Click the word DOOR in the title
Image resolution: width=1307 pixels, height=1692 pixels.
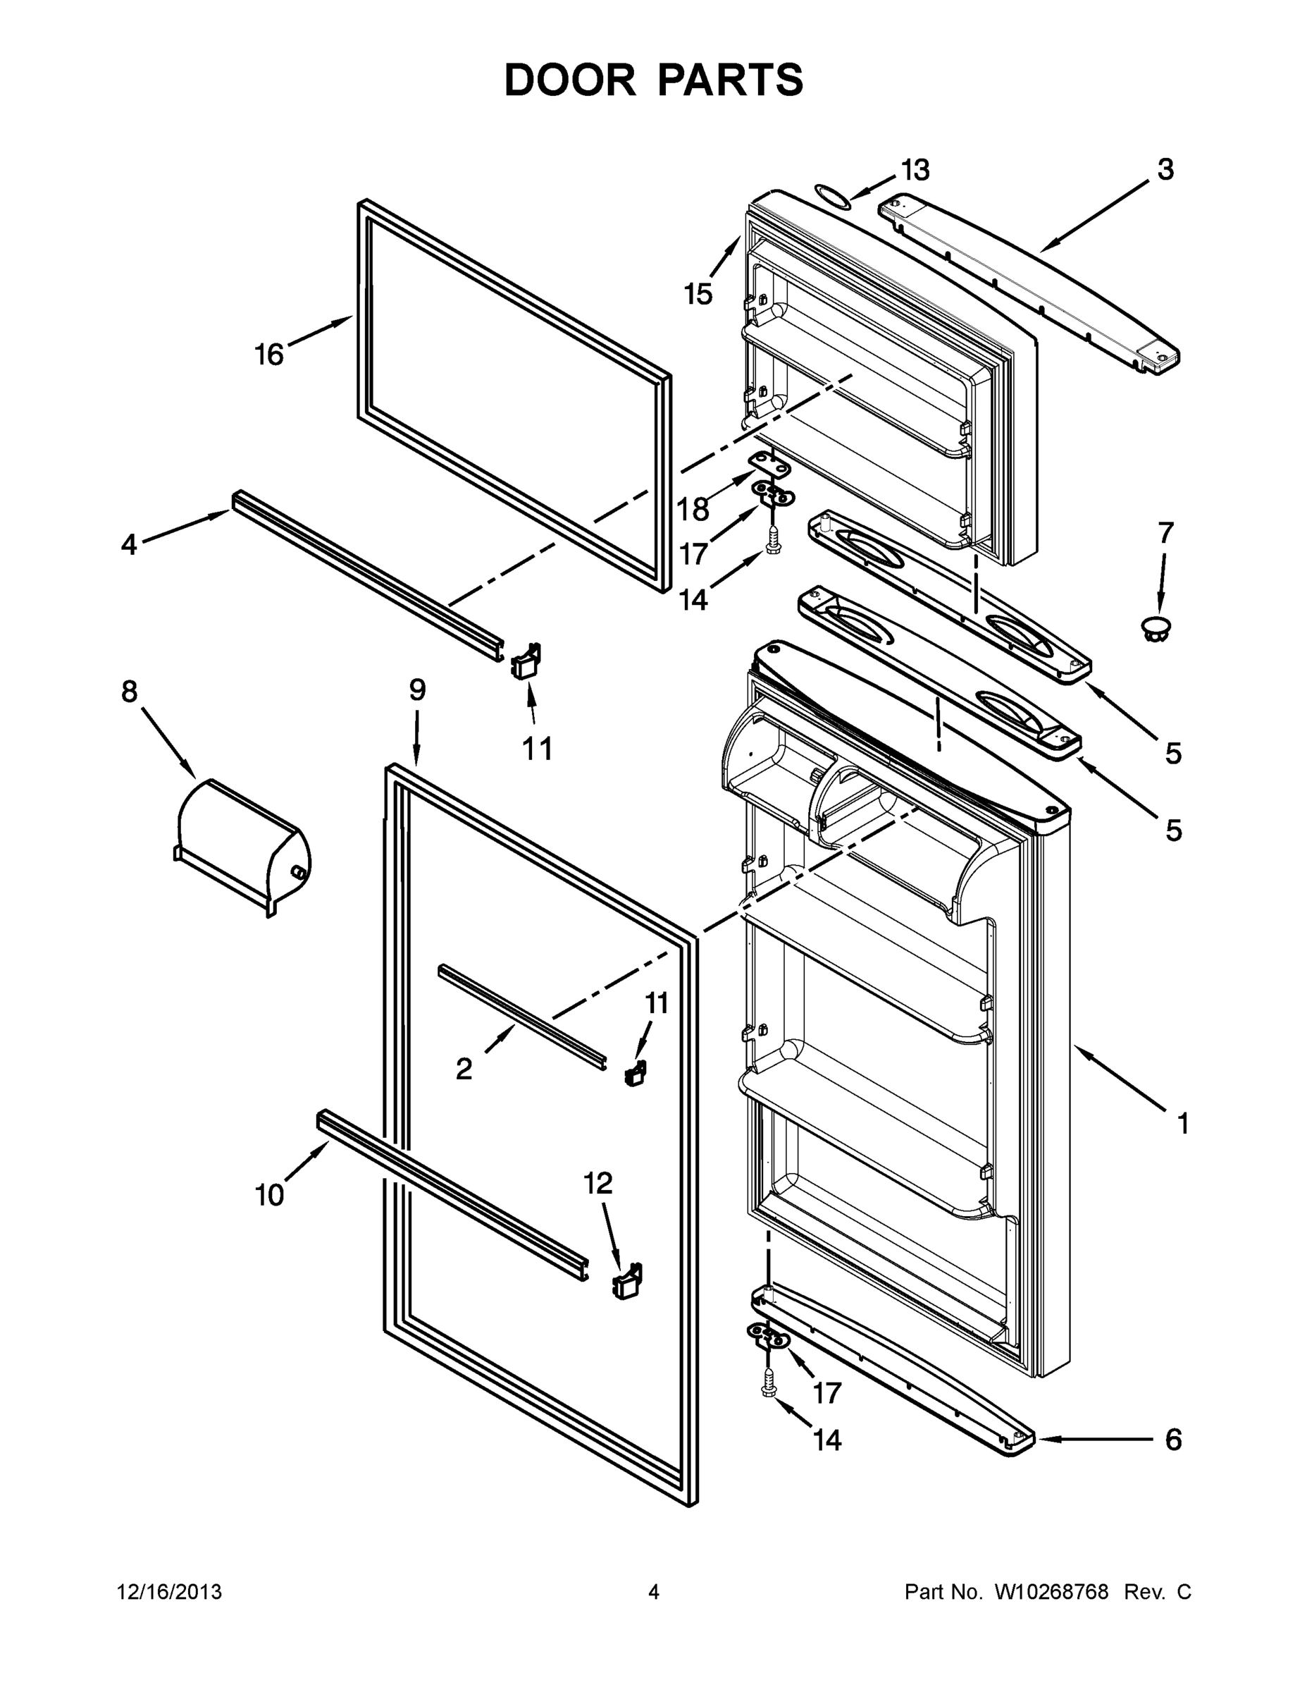tap(569, 80)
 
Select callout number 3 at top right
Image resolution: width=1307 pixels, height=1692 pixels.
tap(1165, 170)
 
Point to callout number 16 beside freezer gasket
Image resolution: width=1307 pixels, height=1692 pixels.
tap(268, 355)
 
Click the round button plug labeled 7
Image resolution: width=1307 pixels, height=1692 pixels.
tap(1156, 627)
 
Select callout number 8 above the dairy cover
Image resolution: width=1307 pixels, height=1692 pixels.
tap(130, 691)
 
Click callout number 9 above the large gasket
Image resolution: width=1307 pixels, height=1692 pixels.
tap(417, 689)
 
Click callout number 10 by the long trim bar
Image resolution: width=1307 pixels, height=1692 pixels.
tap(268, 1196)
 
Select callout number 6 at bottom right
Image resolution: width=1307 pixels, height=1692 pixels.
tap(1173, 1440)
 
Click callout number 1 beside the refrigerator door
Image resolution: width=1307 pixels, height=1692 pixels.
tap(1182, 1123)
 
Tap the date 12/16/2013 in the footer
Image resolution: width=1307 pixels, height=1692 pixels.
tap(169, 1592)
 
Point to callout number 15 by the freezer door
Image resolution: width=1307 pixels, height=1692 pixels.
tap(698, 295)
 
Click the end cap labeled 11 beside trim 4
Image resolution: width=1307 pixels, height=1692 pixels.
tap(525, 661)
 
